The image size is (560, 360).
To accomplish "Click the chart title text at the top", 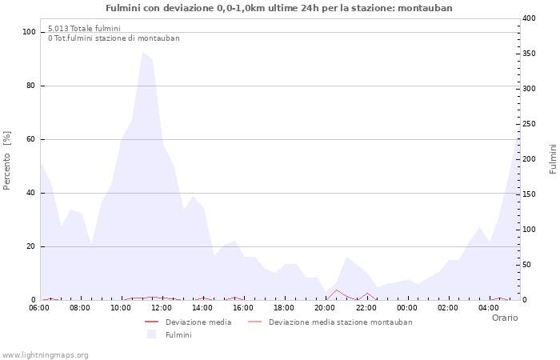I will tap(279, 8).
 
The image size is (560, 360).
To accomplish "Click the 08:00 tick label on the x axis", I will tap(80, 308).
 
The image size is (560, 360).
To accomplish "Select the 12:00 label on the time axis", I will tap(162, 308).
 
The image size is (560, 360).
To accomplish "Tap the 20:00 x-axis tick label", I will tap(325, 308).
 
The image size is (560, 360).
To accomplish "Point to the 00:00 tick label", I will tap(406, 308).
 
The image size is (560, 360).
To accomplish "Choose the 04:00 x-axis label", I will tap(488, 308).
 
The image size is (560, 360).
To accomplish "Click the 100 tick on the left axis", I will tap(30, 32).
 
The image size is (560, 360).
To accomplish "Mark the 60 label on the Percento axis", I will tap(32, 139).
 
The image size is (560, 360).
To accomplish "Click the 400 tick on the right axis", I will tap(529, 18).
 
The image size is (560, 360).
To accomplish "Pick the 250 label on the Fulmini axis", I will tap(529, 124).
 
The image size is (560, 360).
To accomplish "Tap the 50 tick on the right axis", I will tap(526, 265).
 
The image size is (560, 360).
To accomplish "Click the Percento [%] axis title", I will tap(7, 160).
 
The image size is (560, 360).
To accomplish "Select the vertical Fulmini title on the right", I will tap(553, 158).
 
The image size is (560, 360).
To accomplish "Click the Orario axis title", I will tap(504, 318).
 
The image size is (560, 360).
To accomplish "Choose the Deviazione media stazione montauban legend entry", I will tap(340, 322).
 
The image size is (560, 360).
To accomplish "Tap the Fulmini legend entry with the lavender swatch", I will tap(178, 334).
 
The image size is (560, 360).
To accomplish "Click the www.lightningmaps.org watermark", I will tap(45, 355).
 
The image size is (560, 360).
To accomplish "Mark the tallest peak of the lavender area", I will tap(142, 53).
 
